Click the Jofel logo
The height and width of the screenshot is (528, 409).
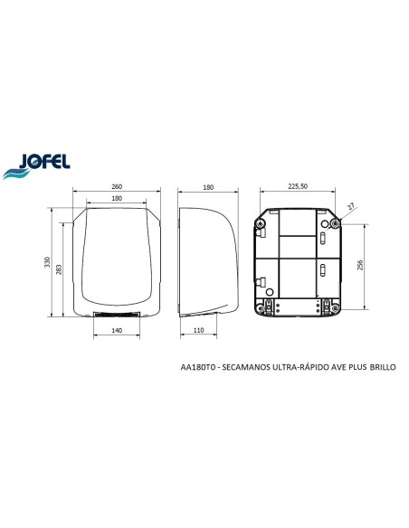36,166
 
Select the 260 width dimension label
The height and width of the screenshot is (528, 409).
117,186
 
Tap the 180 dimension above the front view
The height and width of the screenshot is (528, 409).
117,198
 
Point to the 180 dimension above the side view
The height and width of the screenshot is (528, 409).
208,187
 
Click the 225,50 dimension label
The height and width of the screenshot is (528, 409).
298,186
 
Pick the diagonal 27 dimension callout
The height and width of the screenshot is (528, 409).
351,206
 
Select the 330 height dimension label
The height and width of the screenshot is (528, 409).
47,262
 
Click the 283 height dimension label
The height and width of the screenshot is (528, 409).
59,269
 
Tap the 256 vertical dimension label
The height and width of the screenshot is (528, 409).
360,265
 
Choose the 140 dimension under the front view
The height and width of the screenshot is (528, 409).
117,330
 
